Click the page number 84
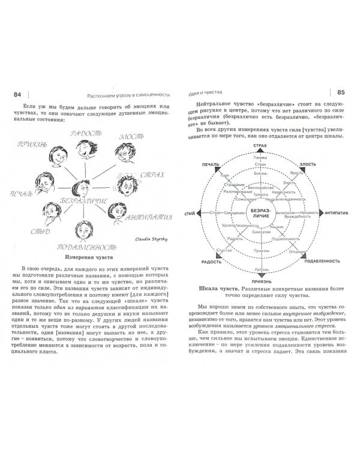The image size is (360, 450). (17, 94)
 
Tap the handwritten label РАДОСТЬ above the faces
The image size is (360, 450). (85, 133)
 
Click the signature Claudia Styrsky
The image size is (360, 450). (142, 237)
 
